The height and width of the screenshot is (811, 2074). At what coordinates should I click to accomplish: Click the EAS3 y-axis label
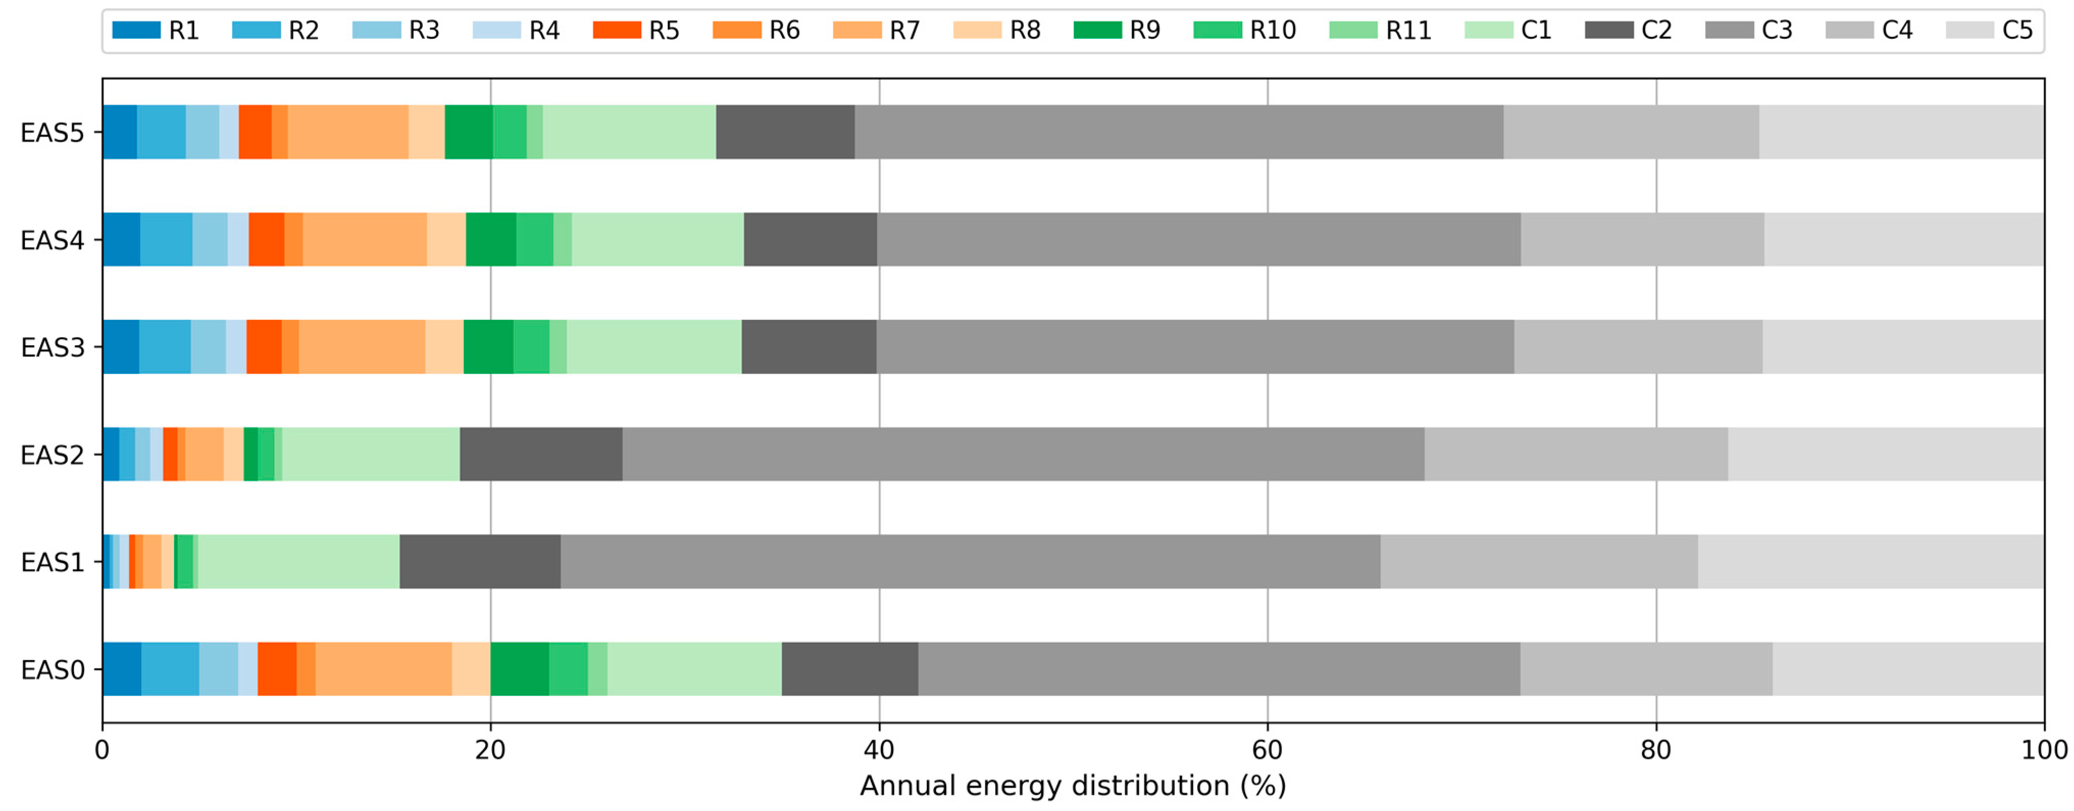pyautogui.click(x=53, y=348)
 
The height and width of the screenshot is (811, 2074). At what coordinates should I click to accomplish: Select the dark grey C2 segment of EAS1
pyautogui.click(x=480, y=562)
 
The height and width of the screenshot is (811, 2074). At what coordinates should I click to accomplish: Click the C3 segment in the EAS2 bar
pyautogui.click(x=1023, y=455)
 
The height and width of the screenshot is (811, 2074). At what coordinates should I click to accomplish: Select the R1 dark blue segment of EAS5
pyautogui.click(x=119, y=132)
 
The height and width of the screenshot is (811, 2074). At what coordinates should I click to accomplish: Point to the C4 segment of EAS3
pyautogui.click(x=1637, y=348)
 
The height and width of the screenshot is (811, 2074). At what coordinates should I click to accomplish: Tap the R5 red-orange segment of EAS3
pyautogui.click(x=264, y=348)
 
